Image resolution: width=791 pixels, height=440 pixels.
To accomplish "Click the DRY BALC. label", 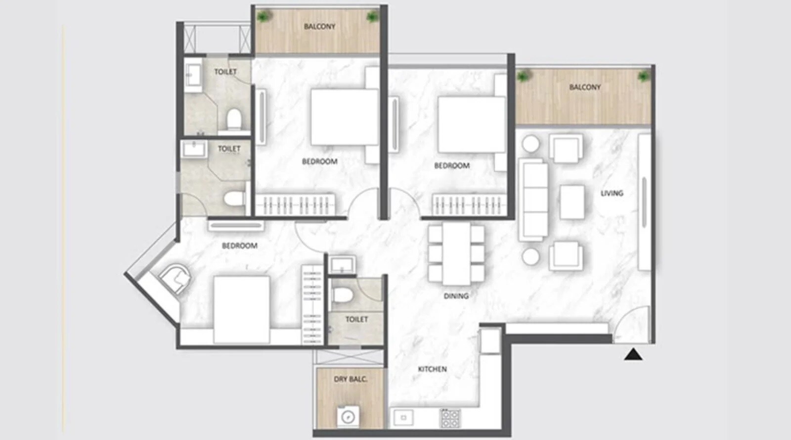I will point(350,379).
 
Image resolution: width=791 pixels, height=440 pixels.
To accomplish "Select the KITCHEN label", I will point(432,369).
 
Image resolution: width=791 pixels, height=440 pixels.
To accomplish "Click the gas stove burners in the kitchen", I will point(450,418).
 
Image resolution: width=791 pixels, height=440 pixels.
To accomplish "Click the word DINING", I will point(456,296).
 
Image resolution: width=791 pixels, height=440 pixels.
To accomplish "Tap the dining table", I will point(456,253).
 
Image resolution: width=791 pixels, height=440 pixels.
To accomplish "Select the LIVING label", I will point(612,194).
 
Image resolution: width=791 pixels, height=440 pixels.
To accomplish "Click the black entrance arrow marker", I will point(633,354).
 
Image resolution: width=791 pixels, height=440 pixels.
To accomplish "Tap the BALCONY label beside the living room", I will point(585,88).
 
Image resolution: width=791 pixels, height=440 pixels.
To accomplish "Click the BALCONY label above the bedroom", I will point(319,27).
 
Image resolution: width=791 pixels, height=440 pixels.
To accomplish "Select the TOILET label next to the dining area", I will point(356,319).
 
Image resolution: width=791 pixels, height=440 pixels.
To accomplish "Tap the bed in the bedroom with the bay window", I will point(241,309).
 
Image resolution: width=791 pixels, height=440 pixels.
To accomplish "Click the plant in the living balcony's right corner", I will point(643,77).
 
